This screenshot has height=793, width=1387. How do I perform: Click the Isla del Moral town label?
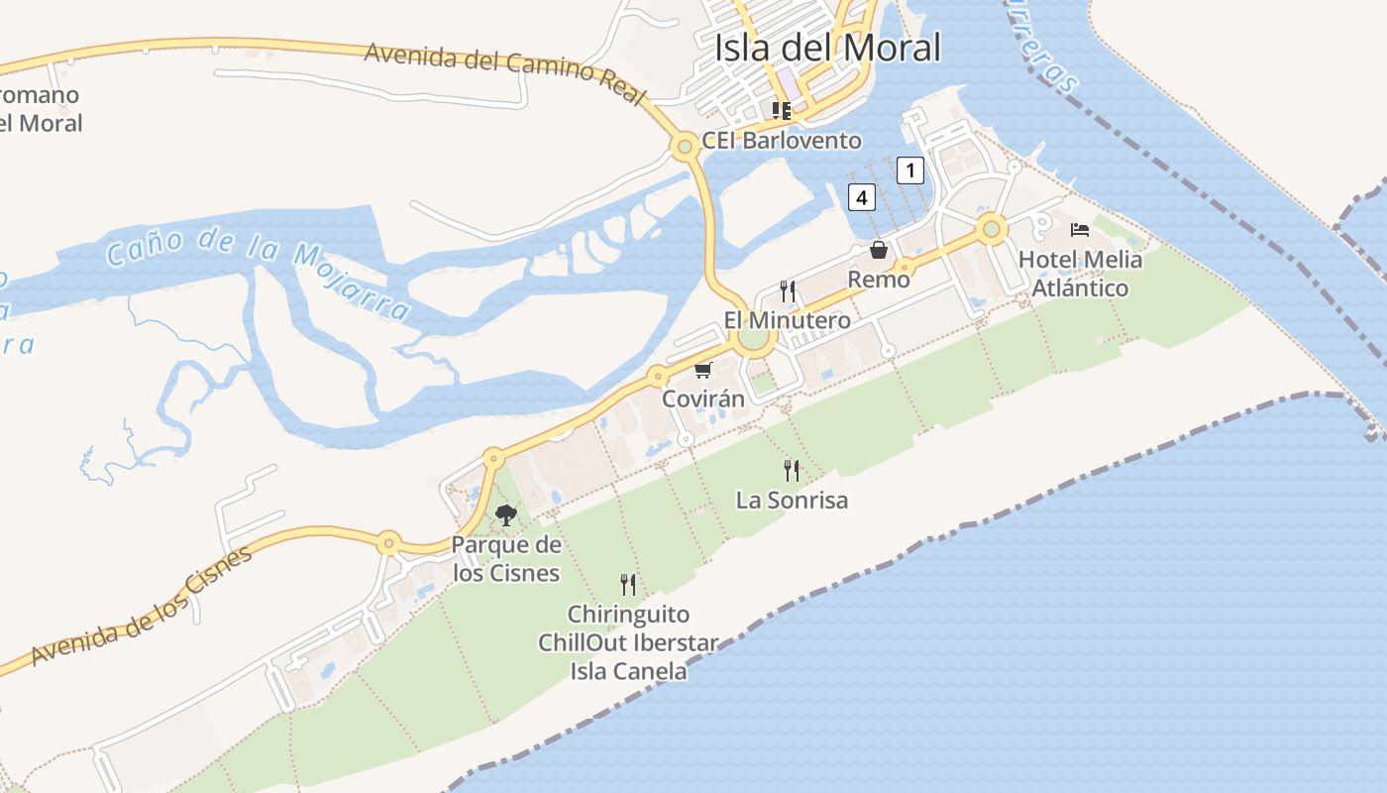(827, 47)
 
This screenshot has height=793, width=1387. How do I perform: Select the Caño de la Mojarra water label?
(258, 268)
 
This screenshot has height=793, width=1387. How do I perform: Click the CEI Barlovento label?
(781, 140)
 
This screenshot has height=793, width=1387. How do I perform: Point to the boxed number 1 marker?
(910, 170)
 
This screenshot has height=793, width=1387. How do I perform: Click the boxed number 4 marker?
(862, 197)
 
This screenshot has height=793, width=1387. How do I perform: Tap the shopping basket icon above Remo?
(879, 250)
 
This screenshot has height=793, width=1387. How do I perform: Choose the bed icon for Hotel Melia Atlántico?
(1080, 230)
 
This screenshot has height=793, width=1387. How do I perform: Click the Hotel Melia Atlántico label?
(1080, 274)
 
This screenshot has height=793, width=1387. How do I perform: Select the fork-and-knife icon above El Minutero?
(788, 290)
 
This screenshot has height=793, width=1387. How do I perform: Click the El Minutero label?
(787, 320)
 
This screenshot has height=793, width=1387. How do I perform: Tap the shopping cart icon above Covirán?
(702, 370)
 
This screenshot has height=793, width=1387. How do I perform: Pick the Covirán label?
(702, 398)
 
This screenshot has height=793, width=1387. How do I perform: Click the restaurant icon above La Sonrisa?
(792, 470)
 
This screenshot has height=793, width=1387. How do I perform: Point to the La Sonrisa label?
(792, 500)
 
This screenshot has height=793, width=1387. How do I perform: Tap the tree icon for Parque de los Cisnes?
(506, 515)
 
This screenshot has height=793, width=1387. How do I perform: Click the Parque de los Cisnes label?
(506, 558)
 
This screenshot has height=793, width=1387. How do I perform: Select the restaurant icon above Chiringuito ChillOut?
(628, 584)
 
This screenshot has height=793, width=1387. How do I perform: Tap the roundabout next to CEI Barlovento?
(684, 148)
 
